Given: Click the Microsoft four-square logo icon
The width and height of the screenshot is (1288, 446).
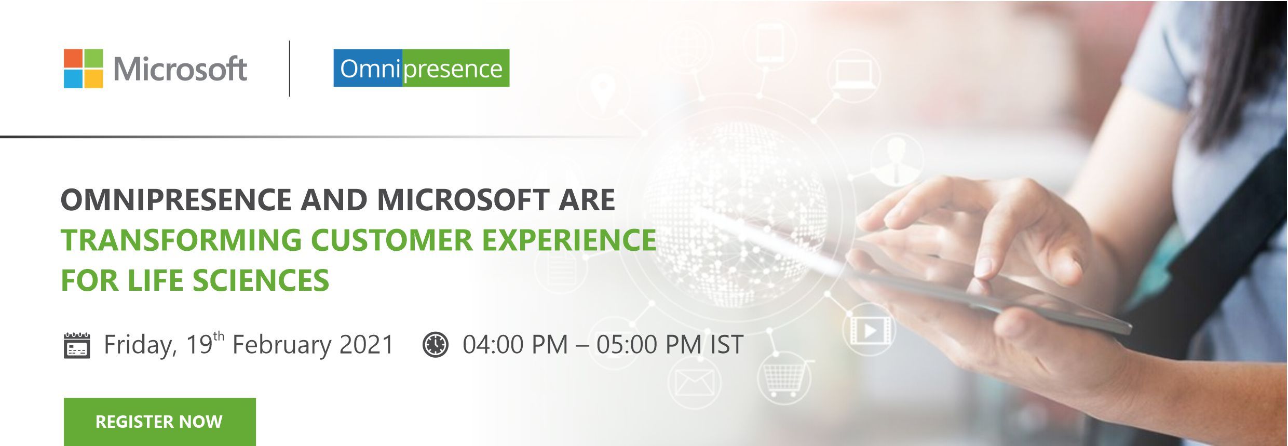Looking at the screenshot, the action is point(83,69).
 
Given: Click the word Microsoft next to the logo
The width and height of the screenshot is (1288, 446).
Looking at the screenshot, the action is point(180,69).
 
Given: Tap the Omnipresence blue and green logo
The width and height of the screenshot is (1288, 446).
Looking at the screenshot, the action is point(421,68).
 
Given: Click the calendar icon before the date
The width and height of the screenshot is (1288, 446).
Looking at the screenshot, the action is point(76,345).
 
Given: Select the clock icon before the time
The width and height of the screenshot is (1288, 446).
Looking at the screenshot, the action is point(435,345).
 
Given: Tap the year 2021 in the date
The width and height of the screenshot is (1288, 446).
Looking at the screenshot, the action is point(367,345).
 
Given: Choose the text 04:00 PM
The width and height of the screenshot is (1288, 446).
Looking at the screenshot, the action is point(515,345).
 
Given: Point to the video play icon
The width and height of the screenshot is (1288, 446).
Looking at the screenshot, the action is point(870,330).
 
